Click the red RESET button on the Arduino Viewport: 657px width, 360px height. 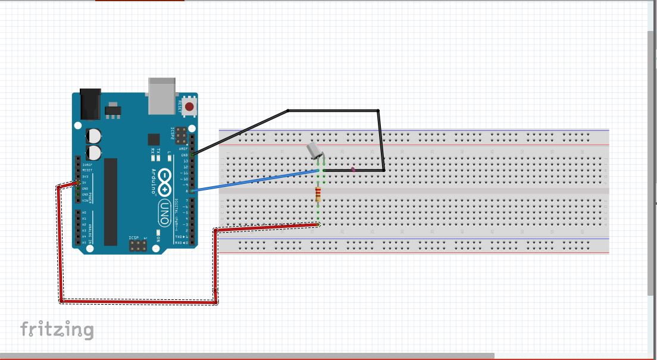click(x=189, y=107)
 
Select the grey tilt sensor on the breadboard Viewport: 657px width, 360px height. click(x=314, y=151)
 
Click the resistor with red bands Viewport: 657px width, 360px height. click(x=318, y=194)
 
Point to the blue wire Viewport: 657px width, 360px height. click(x=256, y=180)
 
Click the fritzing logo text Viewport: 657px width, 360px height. click(x=57, y=329)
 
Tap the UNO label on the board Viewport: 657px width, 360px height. click(x=164, y=211)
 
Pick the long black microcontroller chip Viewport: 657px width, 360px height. click(x=111, y=202)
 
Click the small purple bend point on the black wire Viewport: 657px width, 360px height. click(x=353, y=170)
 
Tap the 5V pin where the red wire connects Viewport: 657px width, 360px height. click(x=77, y=182)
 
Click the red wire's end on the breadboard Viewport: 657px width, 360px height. click(x=318, y=224)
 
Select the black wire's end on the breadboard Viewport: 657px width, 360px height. click(x=324, y=170)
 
